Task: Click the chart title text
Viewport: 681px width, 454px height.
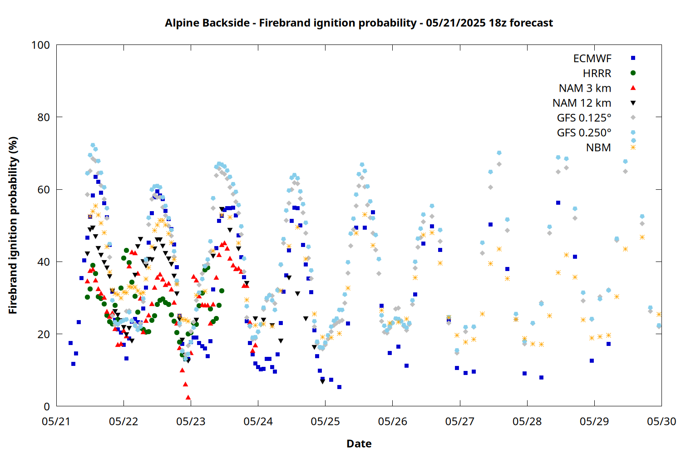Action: [x=359, y=23]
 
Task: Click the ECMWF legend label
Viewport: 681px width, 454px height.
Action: [x=592, y=59]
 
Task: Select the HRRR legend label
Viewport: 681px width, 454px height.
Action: [x=597, y=73]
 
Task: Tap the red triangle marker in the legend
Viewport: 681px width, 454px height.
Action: [x=633, y=88]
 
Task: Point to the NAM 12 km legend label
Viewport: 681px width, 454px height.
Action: [x=582, y=103]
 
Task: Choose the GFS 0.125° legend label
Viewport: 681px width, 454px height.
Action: [x=584, y=118]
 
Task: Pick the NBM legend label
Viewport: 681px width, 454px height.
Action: [x=599, y=148]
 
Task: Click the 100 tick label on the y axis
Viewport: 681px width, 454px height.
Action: [x=41, y=45]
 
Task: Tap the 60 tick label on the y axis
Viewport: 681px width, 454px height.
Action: [x=44, y=189]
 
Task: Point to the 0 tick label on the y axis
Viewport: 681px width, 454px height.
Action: [x=47, y=406]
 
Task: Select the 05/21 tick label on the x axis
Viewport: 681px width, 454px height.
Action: [x=56, y=421]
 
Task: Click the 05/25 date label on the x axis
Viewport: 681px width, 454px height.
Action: [x=326, y=421]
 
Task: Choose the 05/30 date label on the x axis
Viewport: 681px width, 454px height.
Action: [x=661, y=421]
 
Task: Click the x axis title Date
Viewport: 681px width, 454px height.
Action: [x=359, y=444]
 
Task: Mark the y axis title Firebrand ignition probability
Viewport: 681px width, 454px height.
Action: [x=13, y=225]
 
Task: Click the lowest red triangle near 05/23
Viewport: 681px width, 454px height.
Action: [x=188, y=397]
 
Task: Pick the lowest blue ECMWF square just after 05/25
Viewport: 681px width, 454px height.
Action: [x=339, y=387]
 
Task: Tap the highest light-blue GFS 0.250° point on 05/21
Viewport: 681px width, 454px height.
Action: [x=93, y=145]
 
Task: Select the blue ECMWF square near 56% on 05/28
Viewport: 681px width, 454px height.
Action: [x=558, y=203]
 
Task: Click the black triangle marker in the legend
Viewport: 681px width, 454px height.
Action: [x=633, y=103]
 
